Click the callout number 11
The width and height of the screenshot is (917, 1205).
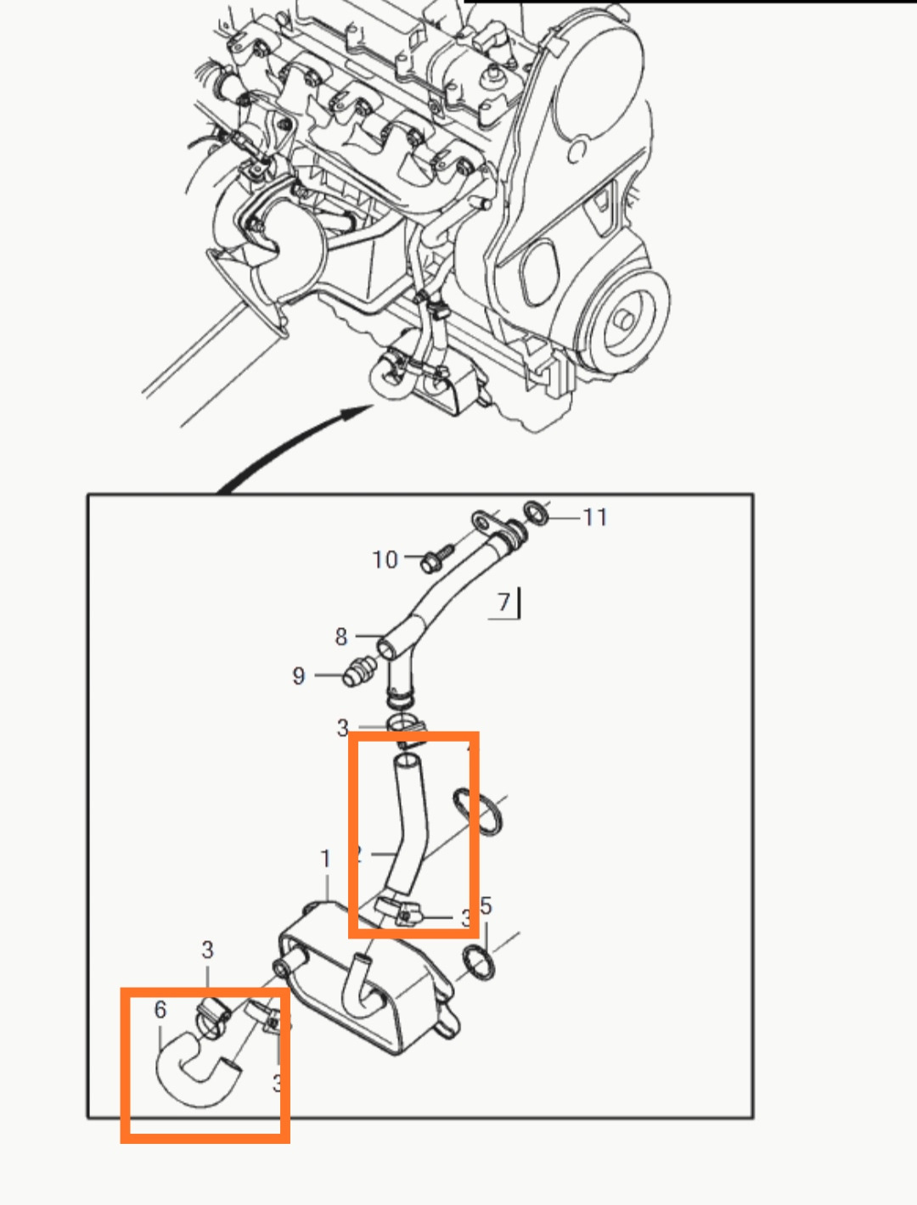click(594, 517)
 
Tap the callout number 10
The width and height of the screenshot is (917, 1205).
click(385, 559)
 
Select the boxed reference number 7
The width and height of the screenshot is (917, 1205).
click(504, 602)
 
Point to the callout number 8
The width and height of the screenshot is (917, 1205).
click(341, 636)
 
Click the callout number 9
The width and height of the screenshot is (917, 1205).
click(299, 675)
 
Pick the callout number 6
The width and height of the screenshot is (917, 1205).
click(160, 1009)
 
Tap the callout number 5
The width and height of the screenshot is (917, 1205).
click(486, 905)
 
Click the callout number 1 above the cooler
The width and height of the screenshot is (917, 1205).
click(325, 859)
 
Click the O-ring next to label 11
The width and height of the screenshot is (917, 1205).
click(536, 513)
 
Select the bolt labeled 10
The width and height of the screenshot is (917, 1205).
click(431, 559)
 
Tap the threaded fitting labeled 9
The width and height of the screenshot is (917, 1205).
click(357, 673)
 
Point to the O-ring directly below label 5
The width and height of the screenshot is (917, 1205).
click(480, 963)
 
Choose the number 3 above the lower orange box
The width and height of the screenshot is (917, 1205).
click(208, 950)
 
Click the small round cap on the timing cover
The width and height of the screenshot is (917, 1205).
click(577, 152)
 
